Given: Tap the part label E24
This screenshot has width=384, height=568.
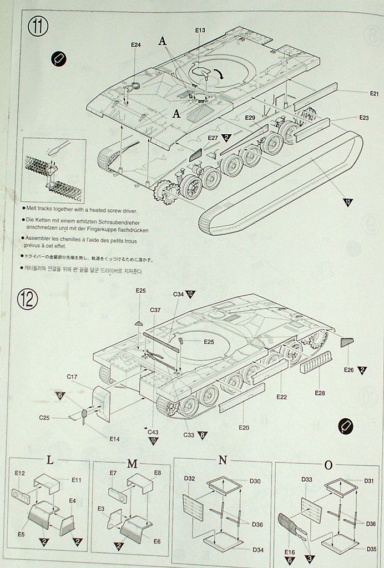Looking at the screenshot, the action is coord(136,45).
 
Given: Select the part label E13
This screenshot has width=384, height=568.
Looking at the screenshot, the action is coord(200,30).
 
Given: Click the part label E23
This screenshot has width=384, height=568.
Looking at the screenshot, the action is coord(364,118).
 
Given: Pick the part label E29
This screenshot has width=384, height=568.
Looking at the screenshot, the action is coord(250,118).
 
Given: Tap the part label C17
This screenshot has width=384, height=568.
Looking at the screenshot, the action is coord(72,377).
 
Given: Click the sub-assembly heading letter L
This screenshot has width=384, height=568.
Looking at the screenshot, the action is coord(50,460).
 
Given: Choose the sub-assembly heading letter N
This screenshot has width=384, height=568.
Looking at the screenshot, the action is coord(223,460).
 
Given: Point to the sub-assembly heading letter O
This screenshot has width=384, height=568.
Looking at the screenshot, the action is coord(328,465).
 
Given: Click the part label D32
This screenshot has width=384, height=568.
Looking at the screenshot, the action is coord(189,478).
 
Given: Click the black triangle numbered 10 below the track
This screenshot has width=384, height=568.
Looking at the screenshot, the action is coord(348,202).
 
